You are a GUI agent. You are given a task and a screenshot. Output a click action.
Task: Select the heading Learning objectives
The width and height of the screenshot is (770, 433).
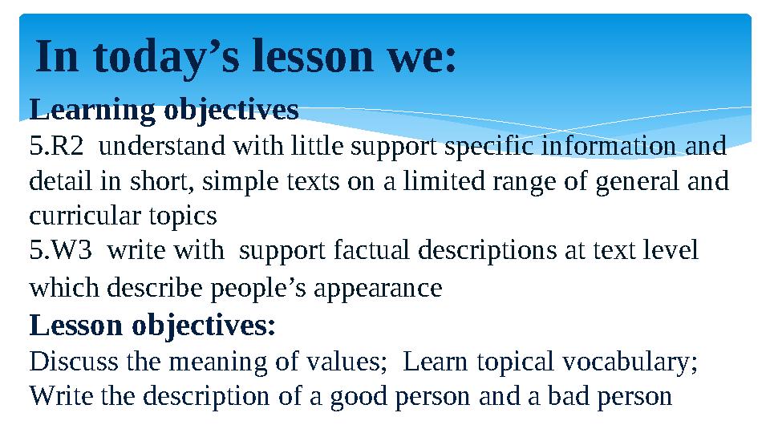[164, 108]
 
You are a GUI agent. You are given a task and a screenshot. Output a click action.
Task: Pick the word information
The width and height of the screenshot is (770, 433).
[610, 148]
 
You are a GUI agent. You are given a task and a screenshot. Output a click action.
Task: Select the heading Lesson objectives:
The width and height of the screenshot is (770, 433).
[152, 326]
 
